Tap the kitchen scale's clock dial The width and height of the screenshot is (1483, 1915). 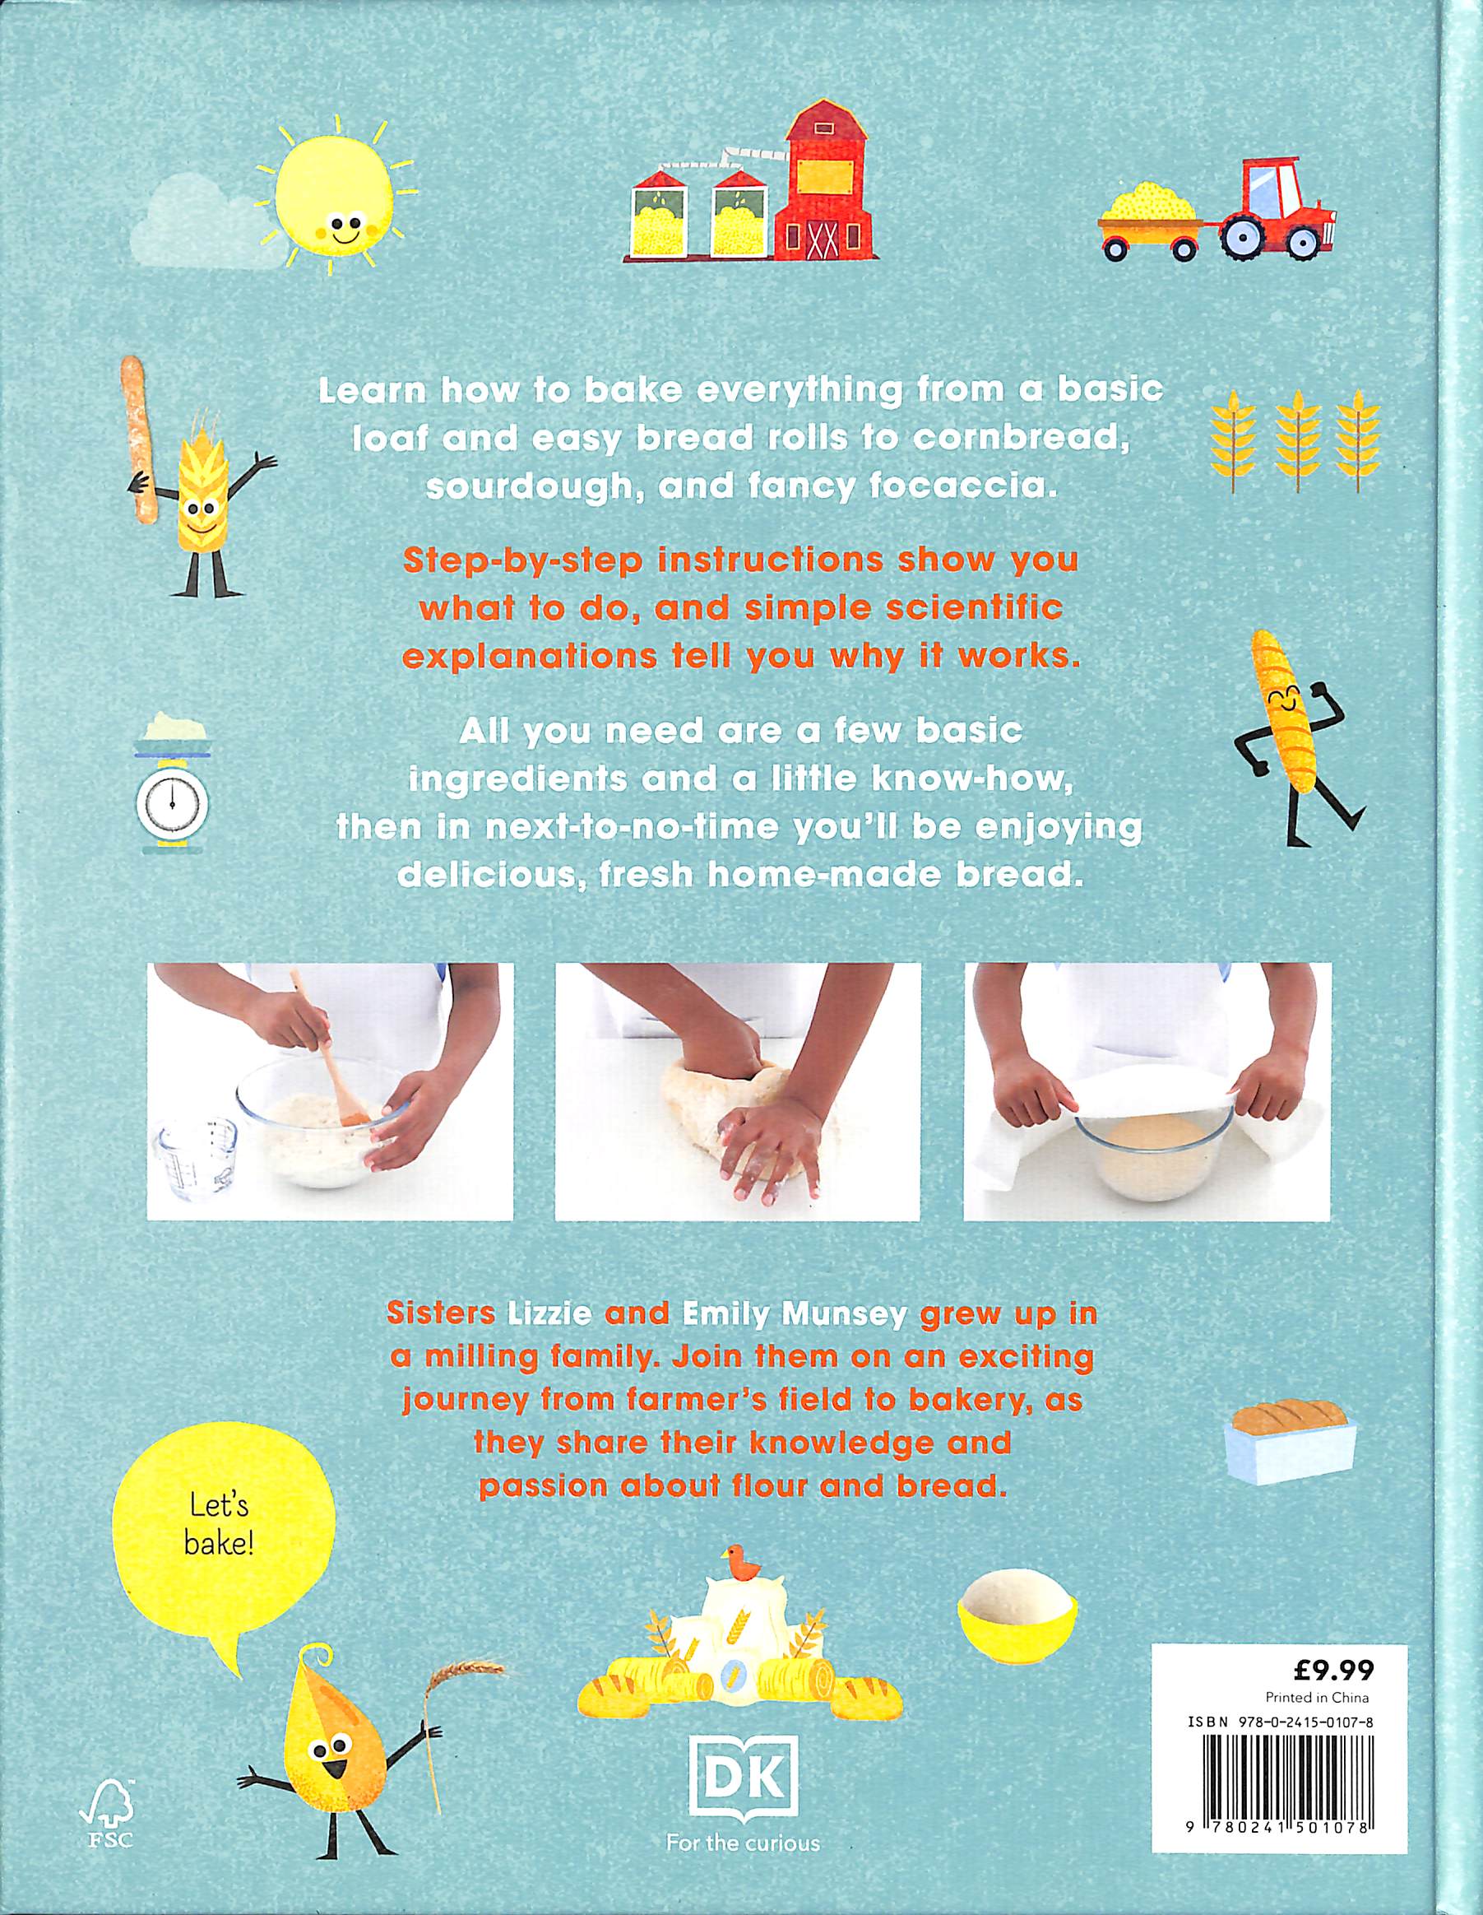tap(173, 800)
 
